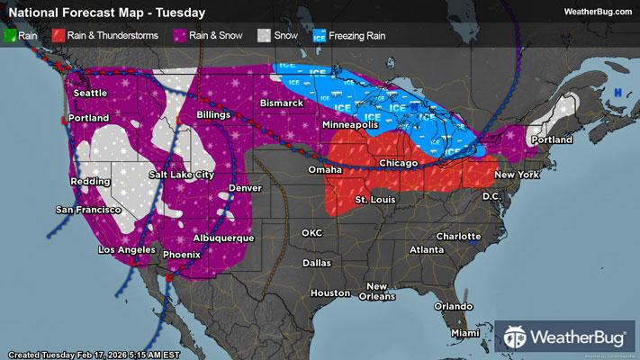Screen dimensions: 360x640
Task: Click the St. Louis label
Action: tap(374, 198)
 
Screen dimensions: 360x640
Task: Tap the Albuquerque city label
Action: tap(224, 238)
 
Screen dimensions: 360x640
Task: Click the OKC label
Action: tap(311, 232)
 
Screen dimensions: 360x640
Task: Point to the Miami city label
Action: tap(465, 333)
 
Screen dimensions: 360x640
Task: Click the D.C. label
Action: tap(491, 195)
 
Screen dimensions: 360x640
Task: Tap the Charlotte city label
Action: tap(458, 236)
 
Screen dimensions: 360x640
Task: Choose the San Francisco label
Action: tap(88, 210)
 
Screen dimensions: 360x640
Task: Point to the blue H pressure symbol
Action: tap(618, 93)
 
